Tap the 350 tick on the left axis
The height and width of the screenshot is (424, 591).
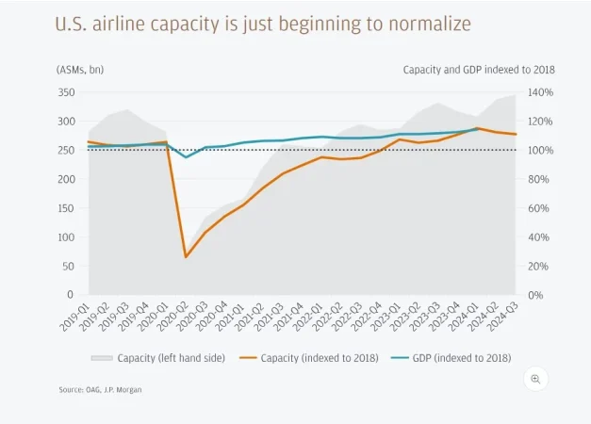67,92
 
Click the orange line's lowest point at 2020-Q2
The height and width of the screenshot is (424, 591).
186,256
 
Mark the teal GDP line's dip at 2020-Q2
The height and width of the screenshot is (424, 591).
186,157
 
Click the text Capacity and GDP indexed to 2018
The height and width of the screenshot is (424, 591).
478,70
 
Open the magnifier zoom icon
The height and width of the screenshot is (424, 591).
535,379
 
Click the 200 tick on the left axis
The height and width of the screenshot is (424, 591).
67,179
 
